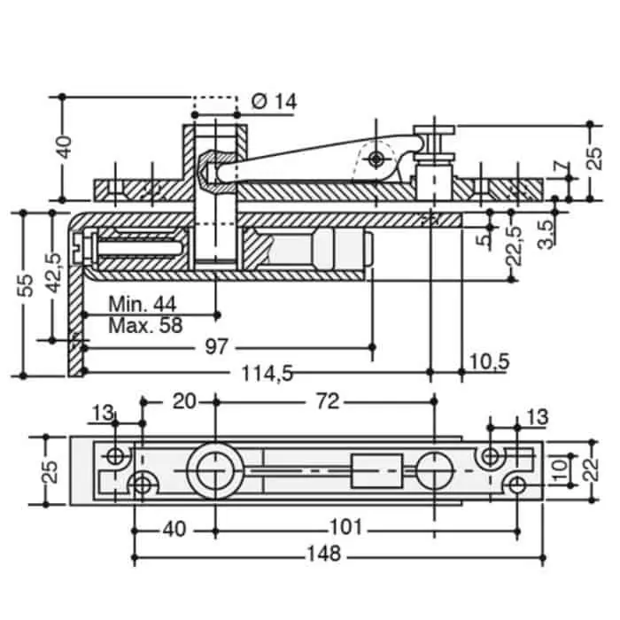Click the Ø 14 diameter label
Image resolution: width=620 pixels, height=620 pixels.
pos(274,102)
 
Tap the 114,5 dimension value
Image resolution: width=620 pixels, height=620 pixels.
pos(267,373)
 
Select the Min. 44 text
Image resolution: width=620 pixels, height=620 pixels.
pos(143,304)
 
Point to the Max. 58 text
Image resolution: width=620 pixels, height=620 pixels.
pos(145,325)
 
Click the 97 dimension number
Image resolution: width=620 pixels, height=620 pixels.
pos(217,347)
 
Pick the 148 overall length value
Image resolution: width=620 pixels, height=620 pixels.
pos(324,554)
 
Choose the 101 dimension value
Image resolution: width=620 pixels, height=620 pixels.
pos(346,527)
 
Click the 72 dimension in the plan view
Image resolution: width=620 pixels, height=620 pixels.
pos(328,402)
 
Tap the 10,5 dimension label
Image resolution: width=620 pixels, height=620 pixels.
pos(490,361)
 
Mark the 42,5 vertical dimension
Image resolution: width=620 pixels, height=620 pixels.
pos(54,273)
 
